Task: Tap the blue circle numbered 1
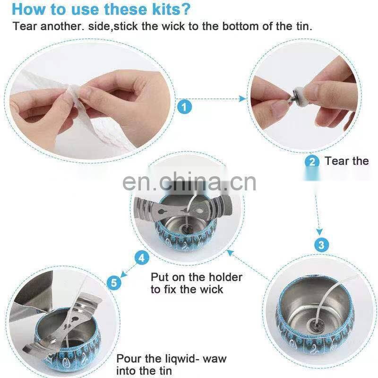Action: pyautogui.click(x=184, y=107)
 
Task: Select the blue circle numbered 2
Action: pyautogui.click(x=312, y=161)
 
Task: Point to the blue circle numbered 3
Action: pyautogui.click(x=321, y=245)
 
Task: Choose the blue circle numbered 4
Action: pyautogui.click(x=141, y=258)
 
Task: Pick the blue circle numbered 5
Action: pyautogui.click(x=114, y=283)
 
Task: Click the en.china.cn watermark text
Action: pyautogui.click(x=189, y=182)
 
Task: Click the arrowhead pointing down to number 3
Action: pyautogui.click(x=319, y=232)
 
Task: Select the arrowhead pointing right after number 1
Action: pyautogui.click(x=243, y=99)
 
